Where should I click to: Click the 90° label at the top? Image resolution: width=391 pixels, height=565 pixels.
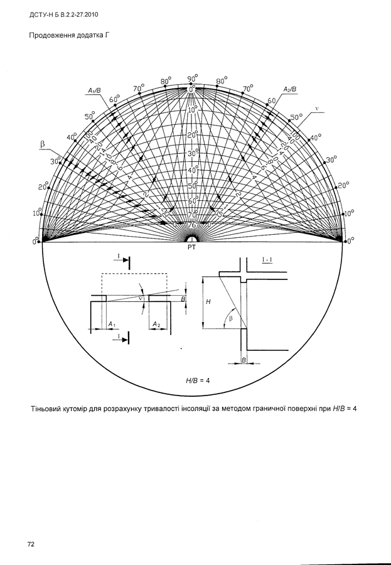[192, 78]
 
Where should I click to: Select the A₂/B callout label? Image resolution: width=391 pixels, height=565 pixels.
[290, 89]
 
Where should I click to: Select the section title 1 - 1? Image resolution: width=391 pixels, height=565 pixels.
[266, 259]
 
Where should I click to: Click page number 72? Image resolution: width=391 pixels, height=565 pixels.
[30, 543]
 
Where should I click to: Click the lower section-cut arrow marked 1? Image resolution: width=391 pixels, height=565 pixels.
[123, 339]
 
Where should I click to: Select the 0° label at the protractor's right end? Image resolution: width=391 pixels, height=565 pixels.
[351, 240]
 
